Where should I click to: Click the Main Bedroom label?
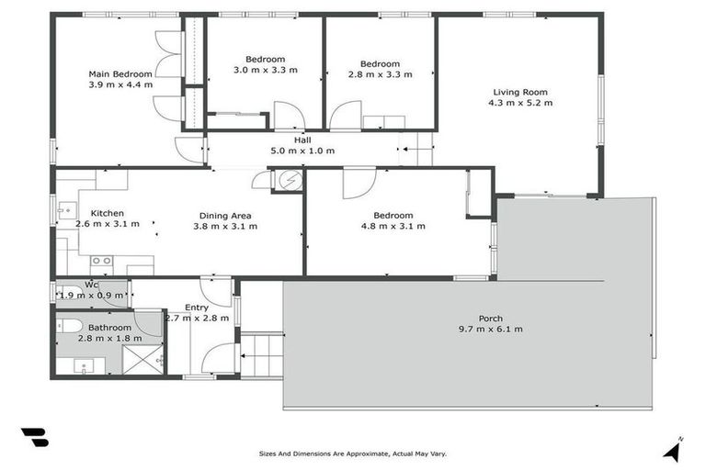tap(120, 73)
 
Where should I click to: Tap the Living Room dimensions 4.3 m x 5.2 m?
tap(520, 103)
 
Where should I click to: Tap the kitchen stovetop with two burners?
tap(100, 261)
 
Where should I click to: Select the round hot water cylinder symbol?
tap(290, 180)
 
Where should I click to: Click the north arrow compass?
tap(674, 449)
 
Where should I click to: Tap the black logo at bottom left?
tap(34, 438)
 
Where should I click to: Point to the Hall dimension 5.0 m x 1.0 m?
tap(302, 151)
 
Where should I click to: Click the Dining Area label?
tap(225, 216)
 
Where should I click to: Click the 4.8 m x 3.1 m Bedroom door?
tap(359, 182)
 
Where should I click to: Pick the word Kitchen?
tap(107, 213)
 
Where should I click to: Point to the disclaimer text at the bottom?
tap(353, 453)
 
